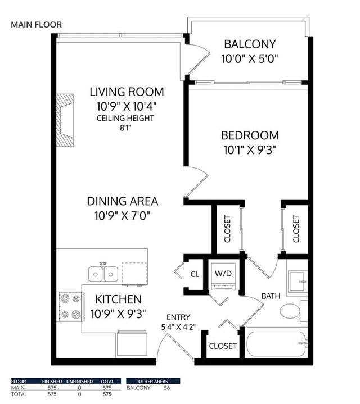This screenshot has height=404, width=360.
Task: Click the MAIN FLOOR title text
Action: [x=36, y=24]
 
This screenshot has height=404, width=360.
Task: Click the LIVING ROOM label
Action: [x=127, y=92]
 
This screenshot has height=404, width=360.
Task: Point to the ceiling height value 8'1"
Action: [x=125, y=128]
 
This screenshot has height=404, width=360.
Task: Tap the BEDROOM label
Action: [x=250, y=136]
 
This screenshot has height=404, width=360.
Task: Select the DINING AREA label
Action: [x=122, y=201]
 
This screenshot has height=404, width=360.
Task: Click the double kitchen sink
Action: [x=103, y=274]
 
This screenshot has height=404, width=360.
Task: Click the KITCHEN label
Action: [x=118, y=299]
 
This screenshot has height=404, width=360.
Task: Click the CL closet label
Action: [x=195, y=274]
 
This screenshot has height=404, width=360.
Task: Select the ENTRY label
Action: [x=178, y=317]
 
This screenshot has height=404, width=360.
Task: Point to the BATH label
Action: [x=271, y=296]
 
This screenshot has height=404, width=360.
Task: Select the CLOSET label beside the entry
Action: [x=223, y=346]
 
